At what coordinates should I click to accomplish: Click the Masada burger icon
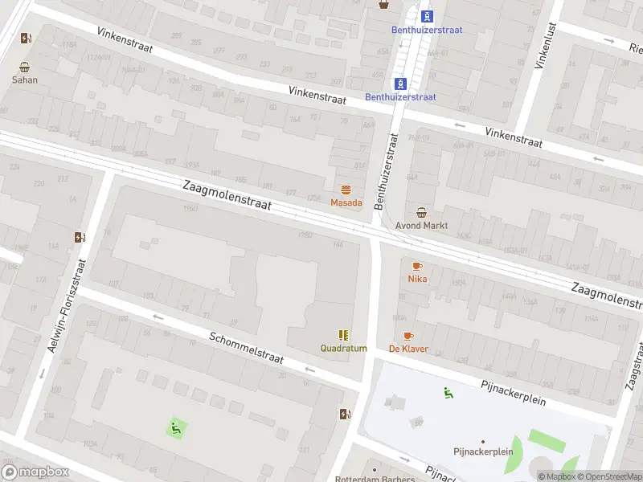click(x=346, y=190)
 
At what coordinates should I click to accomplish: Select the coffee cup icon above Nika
click(x=417, y=266)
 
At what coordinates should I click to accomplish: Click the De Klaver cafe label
click(x=408, y=349)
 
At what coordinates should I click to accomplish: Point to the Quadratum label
click(x=343, y=349)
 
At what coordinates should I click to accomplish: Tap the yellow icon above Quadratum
click(x=343, y=335)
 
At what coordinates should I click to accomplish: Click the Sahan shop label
click(x=24, y=80)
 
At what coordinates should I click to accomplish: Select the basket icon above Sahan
click(x=25, y=67)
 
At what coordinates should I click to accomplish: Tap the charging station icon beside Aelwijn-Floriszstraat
click(x=80, y=237)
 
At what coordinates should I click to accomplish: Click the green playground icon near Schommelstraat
click(x=176, y=428)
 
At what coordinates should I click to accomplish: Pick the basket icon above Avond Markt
click(x=422, y=213)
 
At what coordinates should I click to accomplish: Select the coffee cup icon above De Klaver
click(x=408, y=336)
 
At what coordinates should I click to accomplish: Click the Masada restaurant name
click(x=346, y=203)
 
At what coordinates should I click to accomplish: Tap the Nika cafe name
click(x=417, y=280)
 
